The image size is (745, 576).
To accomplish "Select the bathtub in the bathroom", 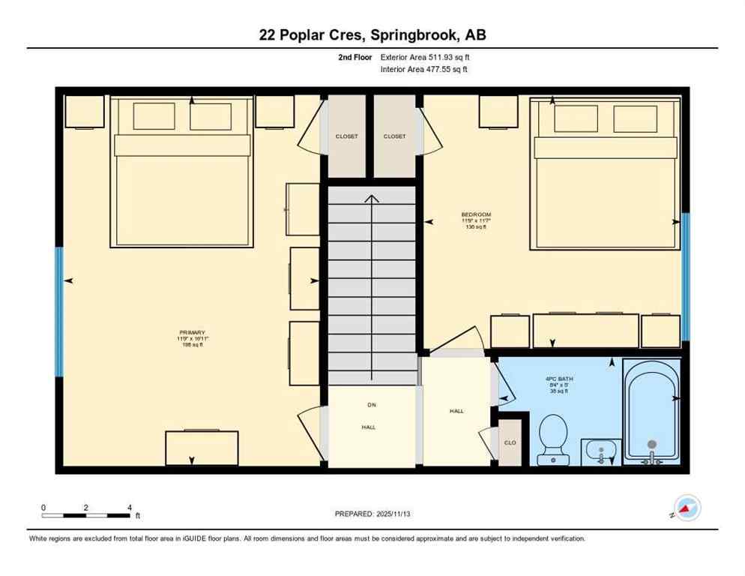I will pos(651,412).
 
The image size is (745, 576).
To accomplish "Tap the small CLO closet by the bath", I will pos(510,442).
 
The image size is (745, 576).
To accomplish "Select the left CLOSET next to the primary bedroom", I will pos(346,136).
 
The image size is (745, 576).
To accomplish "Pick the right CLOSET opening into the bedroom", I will pos(394,136).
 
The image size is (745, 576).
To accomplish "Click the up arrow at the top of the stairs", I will pos(371,199).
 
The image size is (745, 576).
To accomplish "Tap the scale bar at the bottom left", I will pos(86,515).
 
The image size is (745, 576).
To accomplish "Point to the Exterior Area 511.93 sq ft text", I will pos(425,57).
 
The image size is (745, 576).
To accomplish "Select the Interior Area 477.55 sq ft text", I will pos(425,70).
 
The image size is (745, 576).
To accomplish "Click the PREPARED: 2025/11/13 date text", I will pos(372,514).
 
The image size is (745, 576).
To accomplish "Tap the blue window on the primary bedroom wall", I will pos(59,311).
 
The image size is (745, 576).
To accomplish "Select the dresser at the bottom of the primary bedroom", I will pos(202,448).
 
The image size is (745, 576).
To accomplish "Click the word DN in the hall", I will pos(371,405).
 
